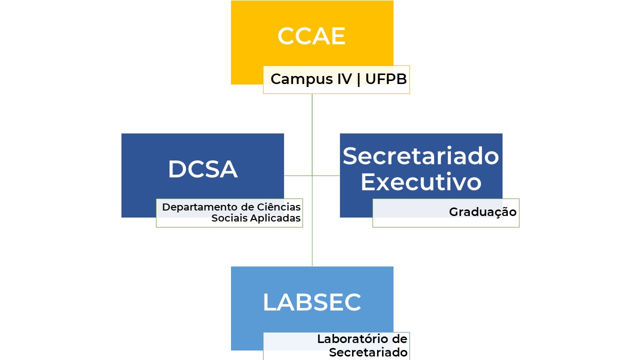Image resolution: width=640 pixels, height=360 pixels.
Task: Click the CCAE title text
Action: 311,36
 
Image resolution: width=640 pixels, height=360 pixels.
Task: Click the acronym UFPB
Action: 386,79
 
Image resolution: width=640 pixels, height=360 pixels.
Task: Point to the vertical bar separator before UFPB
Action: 358,79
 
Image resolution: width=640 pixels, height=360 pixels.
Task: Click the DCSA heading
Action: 202,169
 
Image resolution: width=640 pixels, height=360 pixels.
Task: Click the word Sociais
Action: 227,218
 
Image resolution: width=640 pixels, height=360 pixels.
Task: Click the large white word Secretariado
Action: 420,156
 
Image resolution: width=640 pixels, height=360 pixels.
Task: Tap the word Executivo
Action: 420,181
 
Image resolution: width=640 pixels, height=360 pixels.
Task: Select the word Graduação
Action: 482,212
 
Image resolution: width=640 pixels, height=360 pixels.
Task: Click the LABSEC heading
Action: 311,302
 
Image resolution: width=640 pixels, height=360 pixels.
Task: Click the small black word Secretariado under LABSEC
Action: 368,352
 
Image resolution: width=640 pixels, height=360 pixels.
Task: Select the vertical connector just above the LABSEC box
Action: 312,250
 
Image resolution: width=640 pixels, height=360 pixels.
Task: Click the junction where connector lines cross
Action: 312,175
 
